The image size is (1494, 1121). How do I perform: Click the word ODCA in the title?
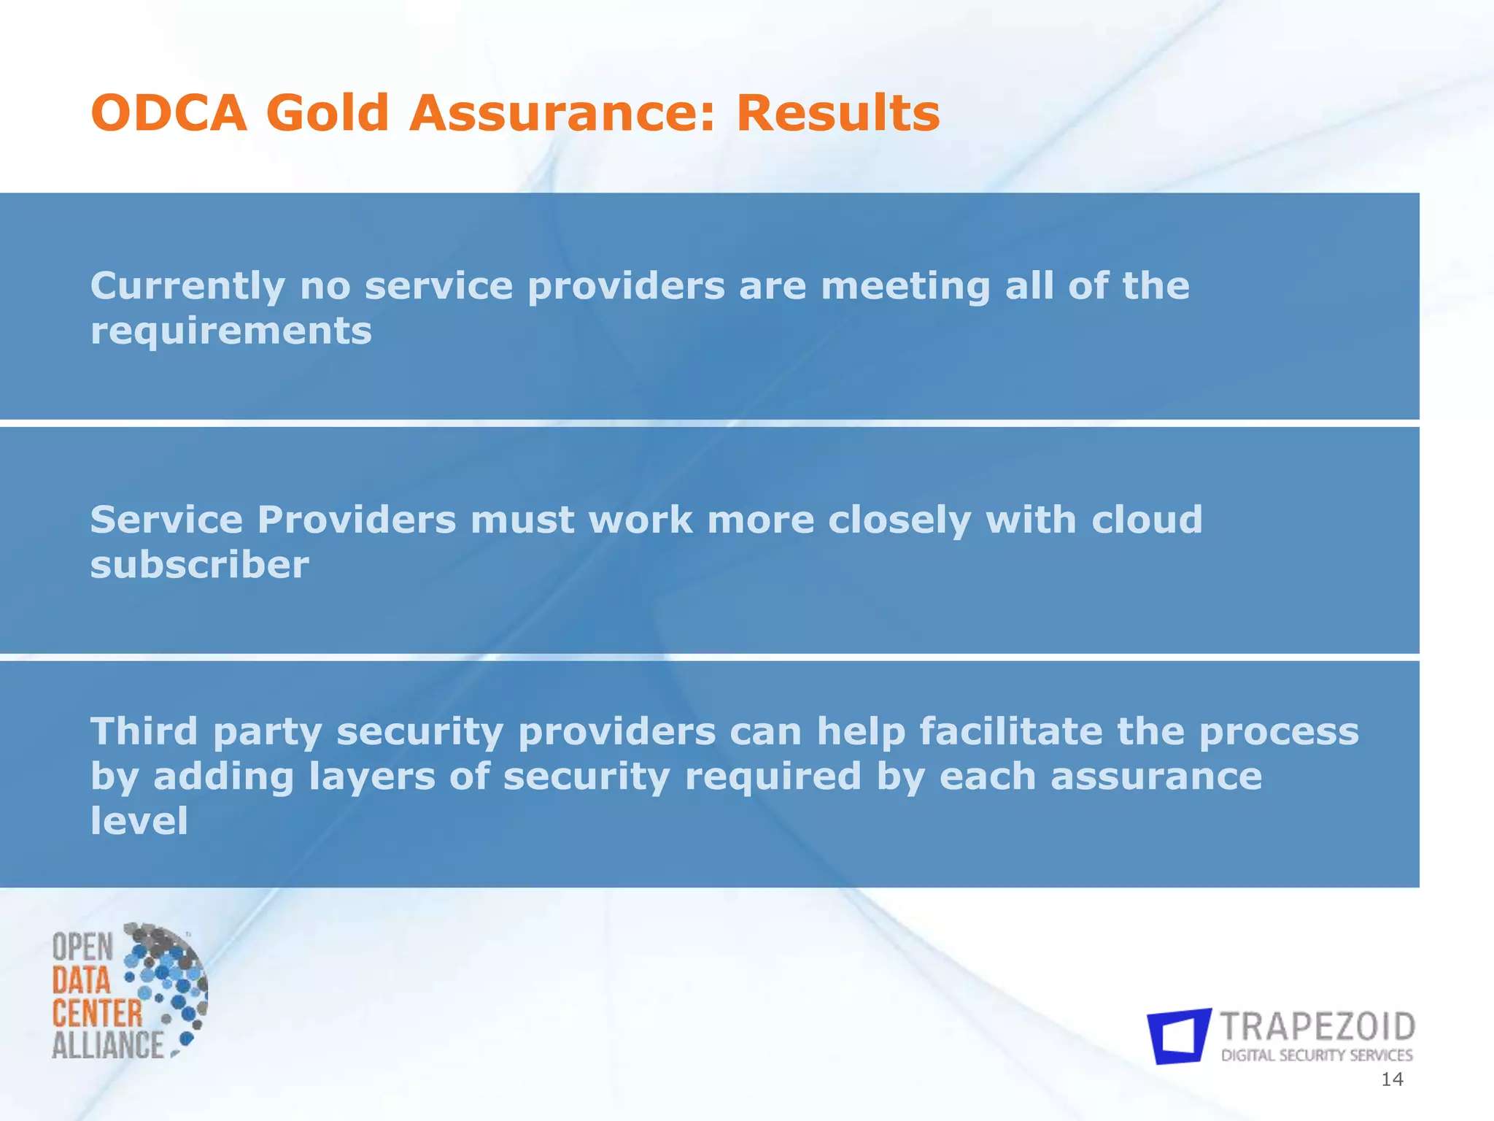coord(169,114)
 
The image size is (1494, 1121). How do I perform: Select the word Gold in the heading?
coord(327,114)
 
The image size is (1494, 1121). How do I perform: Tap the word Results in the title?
coord(838,114)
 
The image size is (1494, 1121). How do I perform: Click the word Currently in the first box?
coord(187,287)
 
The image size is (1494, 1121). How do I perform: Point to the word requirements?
coord(231,332)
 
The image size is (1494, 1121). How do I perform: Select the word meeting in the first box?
coord(905,287)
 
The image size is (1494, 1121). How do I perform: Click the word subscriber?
coord(199,566)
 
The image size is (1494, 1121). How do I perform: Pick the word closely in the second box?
coord(899,521)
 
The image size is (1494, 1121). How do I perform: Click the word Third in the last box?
coord(144,731)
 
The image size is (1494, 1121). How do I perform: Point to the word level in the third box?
coord(139,821)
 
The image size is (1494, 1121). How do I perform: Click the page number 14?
coord(1392,1080)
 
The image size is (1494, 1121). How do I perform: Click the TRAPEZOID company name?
coord(1317,1027)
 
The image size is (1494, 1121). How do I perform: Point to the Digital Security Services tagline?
coord(1317,1055)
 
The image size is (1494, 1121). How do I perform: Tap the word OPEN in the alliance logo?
coord(82,948)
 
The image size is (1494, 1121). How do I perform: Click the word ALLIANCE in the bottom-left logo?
coord(108,1045)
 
